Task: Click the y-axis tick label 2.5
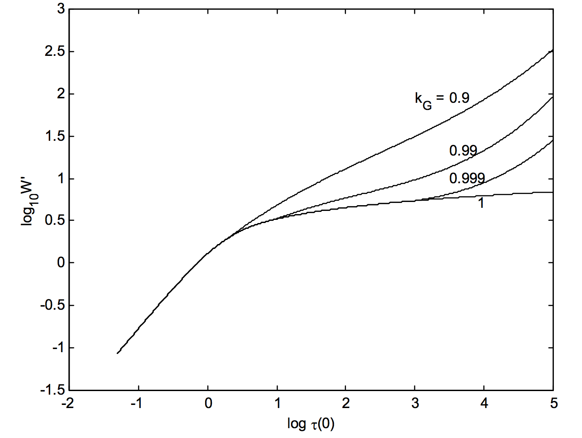(x=55, y=51)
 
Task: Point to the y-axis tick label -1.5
(x=52, y=390)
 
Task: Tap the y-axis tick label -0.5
(x=52, y=305)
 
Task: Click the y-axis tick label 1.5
(x=55, y=136)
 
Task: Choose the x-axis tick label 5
(x=554, y=404)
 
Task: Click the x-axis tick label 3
(x=415, y=404)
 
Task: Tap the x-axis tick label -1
(x=136, y=404)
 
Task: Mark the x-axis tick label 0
(x=208, y=404)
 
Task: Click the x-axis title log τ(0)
(x=311, y=423)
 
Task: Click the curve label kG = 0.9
(x=442, y=99)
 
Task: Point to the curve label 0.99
(x=463, y=151)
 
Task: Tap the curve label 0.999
(x=467, y=178)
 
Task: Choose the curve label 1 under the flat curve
(x=481, y=203)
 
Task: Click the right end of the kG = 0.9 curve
(x=553, y=50)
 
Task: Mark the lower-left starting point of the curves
(x=118, y=353)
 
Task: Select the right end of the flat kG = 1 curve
(x=553, y=192)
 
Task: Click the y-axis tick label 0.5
(x=55, y=220)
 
